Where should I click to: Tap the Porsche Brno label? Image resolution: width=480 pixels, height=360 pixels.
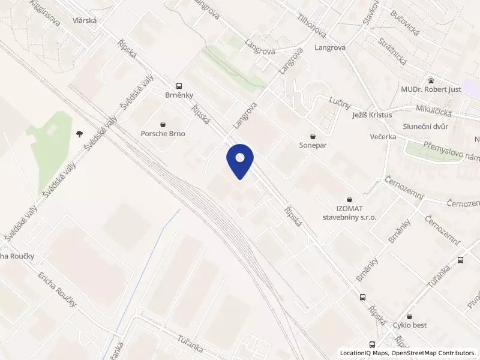coord(163,134)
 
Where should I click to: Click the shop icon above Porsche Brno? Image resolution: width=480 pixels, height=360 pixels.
coord(163,122)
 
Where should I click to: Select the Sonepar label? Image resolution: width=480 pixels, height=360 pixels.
coord(312,145)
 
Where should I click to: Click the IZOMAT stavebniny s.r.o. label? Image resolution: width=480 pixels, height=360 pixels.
coord(349,212)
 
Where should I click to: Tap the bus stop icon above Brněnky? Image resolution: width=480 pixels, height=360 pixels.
coord(179,86)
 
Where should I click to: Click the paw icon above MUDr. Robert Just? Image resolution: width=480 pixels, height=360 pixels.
coord(431,80)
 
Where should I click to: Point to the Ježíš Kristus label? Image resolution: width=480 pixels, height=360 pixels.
coord(371,115)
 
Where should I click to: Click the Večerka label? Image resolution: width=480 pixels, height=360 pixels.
coord(383,137)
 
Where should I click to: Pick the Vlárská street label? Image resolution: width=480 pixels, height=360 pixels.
coord(85,20)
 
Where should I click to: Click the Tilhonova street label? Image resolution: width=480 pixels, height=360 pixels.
coord(311,24)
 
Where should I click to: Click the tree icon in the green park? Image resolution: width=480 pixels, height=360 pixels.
coord(79,134)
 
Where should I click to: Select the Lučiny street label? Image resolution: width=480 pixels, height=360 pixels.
coord(340,103)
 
